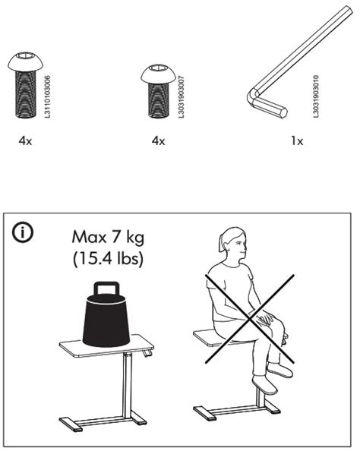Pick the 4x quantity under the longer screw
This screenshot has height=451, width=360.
pos(26,141)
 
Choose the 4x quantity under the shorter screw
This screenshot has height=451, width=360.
pos(158,141)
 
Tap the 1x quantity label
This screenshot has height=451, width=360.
pos(297,141)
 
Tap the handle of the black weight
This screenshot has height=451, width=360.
pos(106,289)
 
